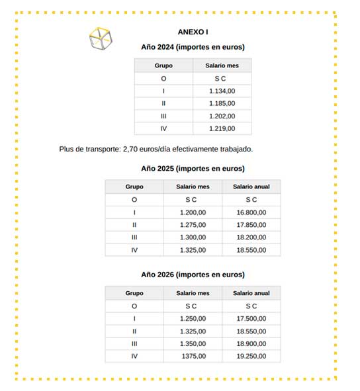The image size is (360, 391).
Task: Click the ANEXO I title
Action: pyautogui.click(x=193, y=32)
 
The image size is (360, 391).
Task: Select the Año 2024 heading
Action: pyautogui.click(x=193, y=47)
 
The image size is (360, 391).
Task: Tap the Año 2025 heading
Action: pyautogui.click(x=193, y=168)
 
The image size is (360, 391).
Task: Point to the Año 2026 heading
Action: pyautogui.click(x=193, y=274)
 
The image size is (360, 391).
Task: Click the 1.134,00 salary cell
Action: pyautogui.click(x=222, y=91)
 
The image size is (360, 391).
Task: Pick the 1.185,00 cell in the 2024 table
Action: pyautogui.click(x=222, y=103)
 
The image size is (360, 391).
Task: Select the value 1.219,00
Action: pyautogui.click(x=222, y=128)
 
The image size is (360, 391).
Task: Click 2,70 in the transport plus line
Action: pyautogui.click(x=130, y=149)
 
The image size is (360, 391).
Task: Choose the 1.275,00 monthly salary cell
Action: pyautogui.click(x=193, y=225)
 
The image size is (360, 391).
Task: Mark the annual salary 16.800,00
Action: pyautogui.click(x=251, y=212)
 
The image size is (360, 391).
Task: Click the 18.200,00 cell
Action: pyautogui.click(x=251, y=238)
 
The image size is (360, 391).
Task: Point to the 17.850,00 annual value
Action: pyautogui.click(x=251, y=225)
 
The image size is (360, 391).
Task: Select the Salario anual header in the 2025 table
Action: pyautogui.click(x=251, y=187)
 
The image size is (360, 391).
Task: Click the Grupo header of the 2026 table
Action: pyautogui.click(x=134, y=293)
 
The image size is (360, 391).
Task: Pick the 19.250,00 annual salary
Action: pyautogui.click(x=251, y=356)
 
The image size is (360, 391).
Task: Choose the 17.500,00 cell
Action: pyautogui.click(x=251, y=318)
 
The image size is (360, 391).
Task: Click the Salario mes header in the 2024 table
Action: pyautogui.click(x=222, y=65)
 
